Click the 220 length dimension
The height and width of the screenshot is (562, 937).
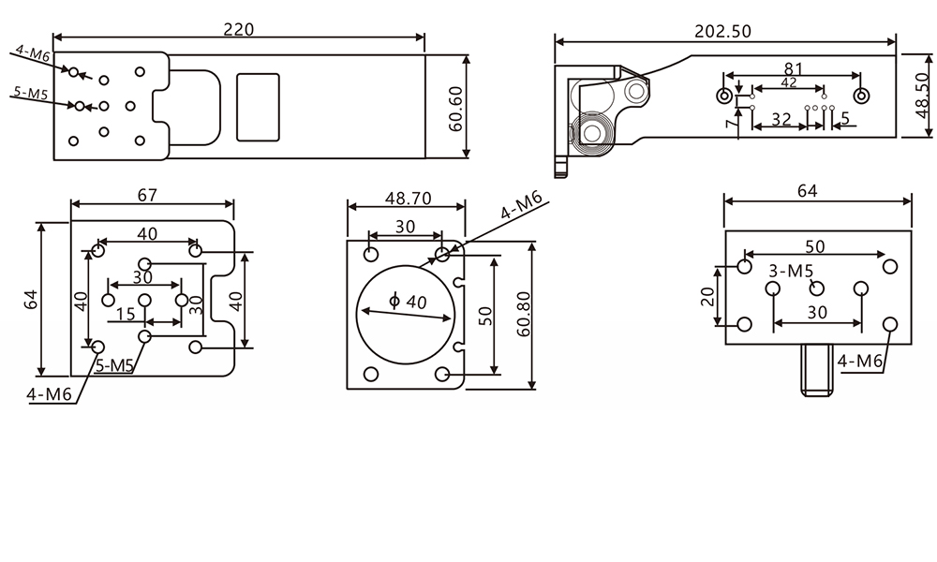238,29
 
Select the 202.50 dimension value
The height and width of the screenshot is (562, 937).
722,31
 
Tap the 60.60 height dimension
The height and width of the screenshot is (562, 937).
455,109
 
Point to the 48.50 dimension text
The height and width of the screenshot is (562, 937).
924,96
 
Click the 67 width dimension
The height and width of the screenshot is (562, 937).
147,196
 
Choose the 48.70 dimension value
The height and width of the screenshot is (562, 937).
409,199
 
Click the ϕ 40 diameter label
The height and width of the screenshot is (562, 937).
408,301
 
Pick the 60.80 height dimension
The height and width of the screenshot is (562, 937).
524,314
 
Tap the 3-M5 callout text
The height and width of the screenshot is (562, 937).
791,271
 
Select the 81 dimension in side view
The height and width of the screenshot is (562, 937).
793,69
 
